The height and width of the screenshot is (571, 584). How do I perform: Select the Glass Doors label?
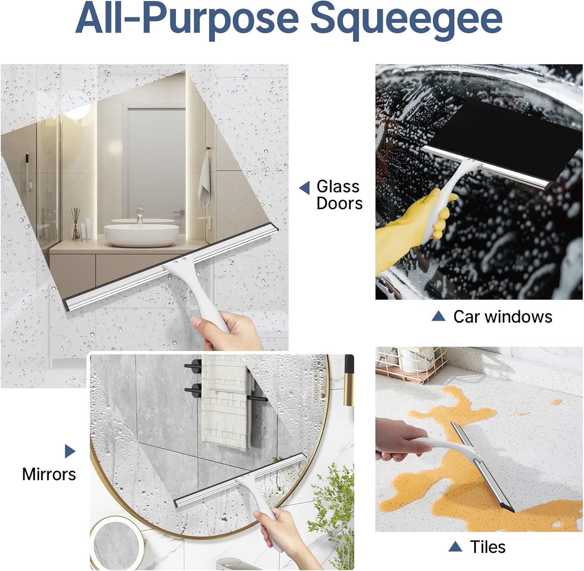pos(339,195)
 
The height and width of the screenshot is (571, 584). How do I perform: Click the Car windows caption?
pos(502,316)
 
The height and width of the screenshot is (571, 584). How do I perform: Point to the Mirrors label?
pos(49,474)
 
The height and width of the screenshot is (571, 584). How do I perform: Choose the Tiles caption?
pos(487,547)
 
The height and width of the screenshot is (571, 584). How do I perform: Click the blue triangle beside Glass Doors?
pos(304,188)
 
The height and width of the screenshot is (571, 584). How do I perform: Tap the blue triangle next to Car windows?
pos(438,316)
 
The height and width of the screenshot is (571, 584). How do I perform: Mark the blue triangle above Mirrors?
pos(70,451)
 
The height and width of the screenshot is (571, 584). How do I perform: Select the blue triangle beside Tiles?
pos(455,546)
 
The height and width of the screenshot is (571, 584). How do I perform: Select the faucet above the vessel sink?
pos(139,214)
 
